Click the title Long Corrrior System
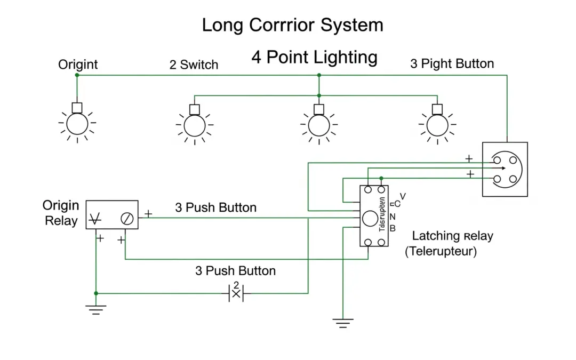[292, 25]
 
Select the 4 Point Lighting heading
[314, 57]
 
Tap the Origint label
[78, 65]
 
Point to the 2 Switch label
[194, 65]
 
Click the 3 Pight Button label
[452, 64]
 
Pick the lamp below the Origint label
[77, 124]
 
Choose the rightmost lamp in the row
[437, 125]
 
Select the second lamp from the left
[195, 125]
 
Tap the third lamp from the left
[319, 125]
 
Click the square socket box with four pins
[505, 169]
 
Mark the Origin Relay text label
[61, 213]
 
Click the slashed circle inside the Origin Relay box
[127, 218]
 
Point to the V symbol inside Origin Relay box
[97, 218]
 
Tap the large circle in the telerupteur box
[370, 218]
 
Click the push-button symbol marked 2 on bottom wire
[236, 292]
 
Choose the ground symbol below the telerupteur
[343, 322]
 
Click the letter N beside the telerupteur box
[393, 217]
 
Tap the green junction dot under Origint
[77, 75]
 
